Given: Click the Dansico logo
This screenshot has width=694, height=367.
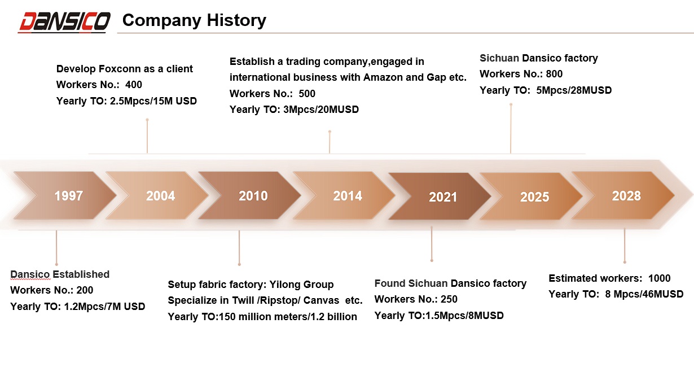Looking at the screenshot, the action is [64, 22].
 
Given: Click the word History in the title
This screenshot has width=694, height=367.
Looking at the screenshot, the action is [236, 20].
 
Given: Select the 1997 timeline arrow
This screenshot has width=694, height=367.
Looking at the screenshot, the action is [65, 195].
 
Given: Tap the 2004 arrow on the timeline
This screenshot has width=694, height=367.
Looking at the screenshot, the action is [157, 195].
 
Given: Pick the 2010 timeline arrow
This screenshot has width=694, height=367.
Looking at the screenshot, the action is [250, 195].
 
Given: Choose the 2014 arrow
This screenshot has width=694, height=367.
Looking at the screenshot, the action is [344, 195].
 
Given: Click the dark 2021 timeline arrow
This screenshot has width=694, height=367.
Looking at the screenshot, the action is [440, 196].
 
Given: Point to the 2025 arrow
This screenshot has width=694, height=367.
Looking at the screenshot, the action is [531, 196].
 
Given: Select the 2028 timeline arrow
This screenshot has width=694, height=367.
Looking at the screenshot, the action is [623, 195].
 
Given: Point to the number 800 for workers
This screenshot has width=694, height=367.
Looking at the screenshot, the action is [554, 74].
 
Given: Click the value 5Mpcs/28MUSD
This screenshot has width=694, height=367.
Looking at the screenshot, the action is [574, 90].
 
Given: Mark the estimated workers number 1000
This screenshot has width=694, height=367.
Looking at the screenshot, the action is [659, 278].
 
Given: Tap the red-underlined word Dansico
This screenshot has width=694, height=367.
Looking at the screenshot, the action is [30, 274].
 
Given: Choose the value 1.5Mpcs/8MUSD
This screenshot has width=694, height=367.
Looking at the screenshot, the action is [464, 316].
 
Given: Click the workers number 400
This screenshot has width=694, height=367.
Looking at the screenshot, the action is [134, 85].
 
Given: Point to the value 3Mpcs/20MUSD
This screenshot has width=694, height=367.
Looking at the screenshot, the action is [321, 110].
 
